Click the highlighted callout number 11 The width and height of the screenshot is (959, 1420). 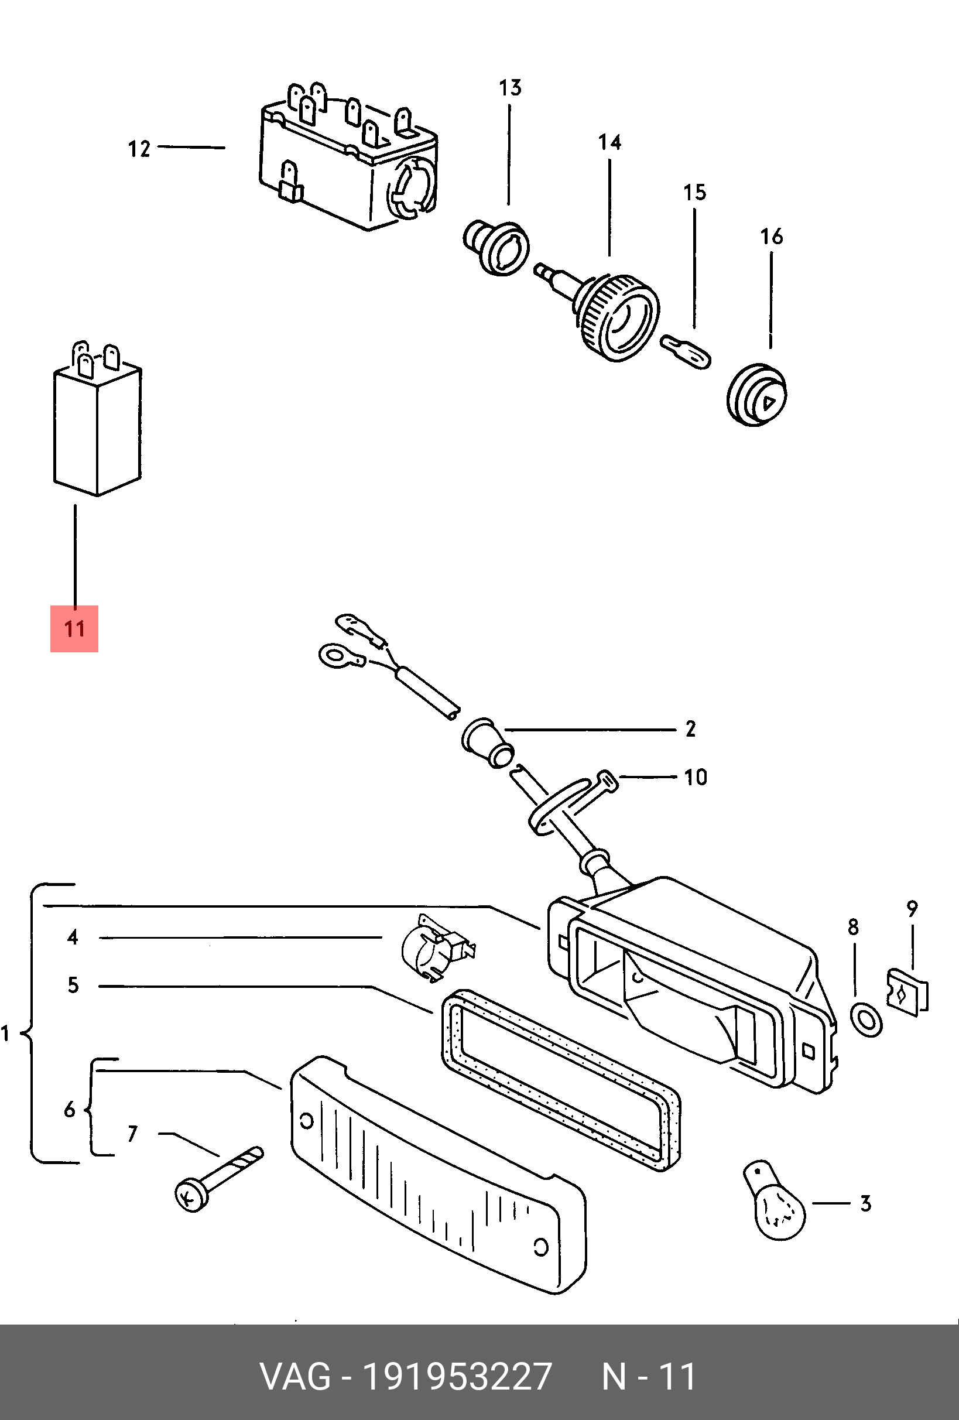pos(74,629)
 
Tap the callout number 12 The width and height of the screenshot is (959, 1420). pos(139,149)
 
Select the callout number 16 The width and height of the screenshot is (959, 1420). pos(772,236)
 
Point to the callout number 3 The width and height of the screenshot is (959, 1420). pos(865,1204)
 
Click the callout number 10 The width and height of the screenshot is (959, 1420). pos(695,777)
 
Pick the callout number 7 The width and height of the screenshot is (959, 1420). pos(132,1134)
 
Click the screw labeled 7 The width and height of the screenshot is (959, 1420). pos(219,1179)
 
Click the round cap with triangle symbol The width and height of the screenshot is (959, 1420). pos(756,395)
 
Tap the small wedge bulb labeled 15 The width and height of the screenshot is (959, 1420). pos(686,351)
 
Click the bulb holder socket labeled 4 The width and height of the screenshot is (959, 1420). pos(437,949)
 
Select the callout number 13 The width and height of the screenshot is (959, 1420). pos(511,88)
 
